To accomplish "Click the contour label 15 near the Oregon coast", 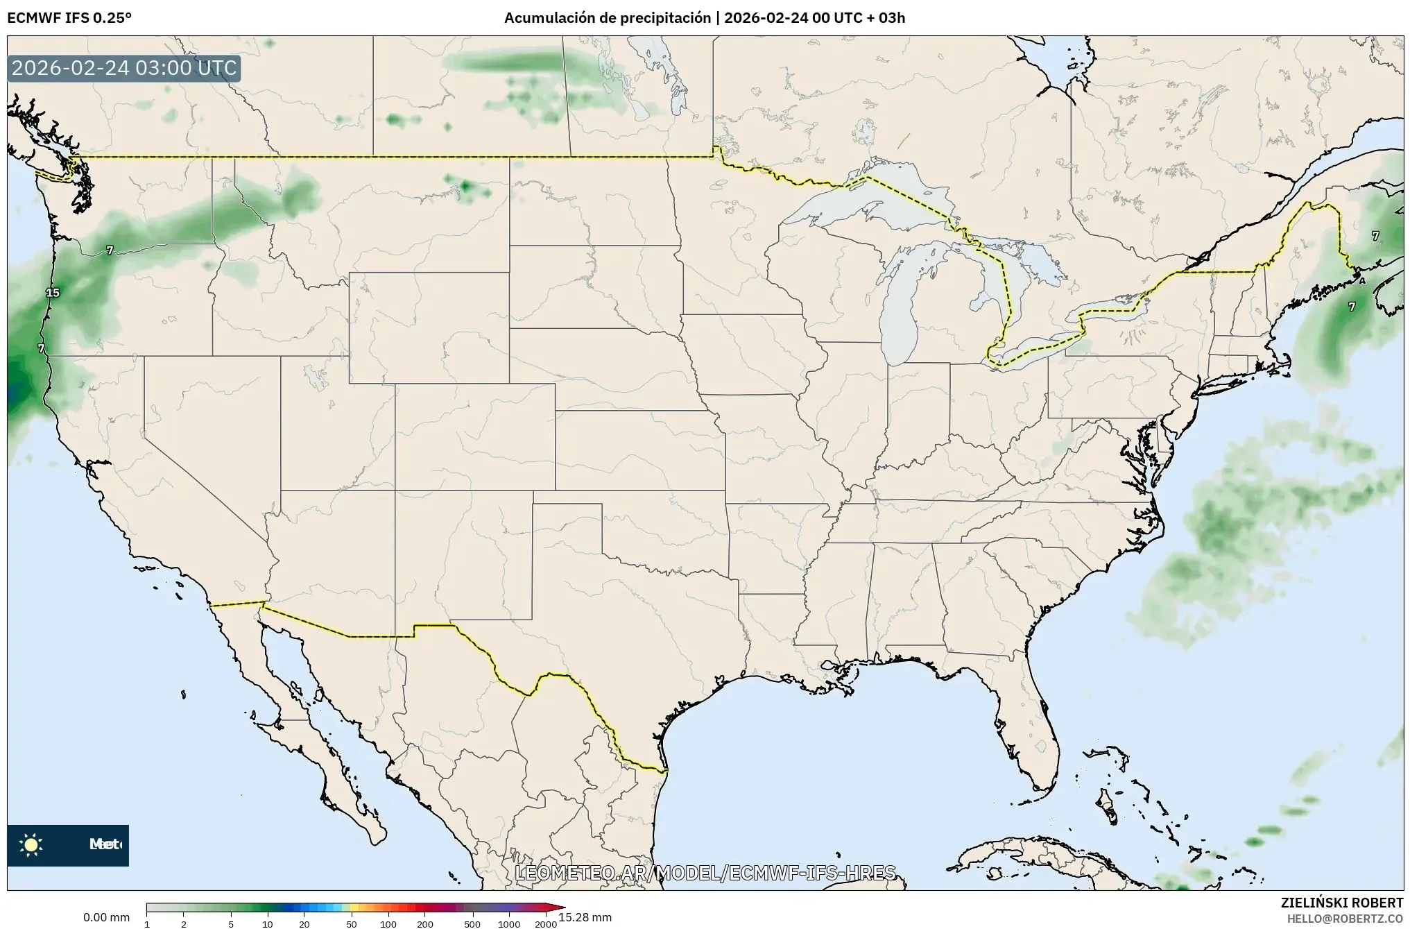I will point(53,293).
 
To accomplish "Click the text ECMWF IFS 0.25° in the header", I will point(69,18).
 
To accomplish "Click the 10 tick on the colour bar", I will point(268,923).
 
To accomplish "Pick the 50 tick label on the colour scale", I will point(352,923).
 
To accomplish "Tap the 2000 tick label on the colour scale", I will point(546,923).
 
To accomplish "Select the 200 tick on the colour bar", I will point(425,923).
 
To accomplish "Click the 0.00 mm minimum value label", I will point(106,917).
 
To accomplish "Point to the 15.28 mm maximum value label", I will point(585,917).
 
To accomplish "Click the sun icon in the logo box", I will point(31,844).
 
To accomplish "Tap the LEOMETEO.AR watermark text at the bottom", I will point(705,872).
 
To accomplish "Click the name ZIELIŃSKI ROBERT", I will point(1341,903).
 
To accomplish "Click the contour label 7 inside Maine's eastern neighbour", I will point(1375,236).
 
